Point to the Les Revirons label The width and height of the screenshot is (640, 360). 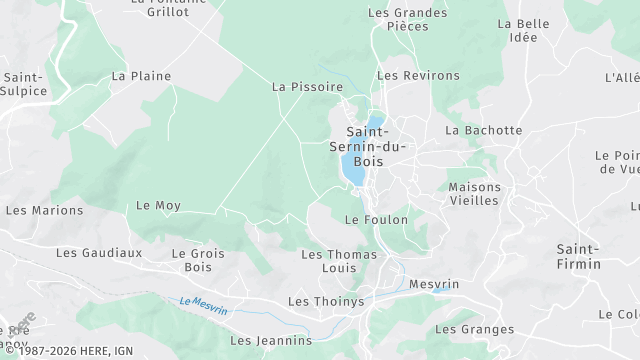pyautogui.click(x=418, y=76)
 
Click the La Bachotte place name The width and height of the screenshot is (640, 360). pyautogui.click(x=484, y=130)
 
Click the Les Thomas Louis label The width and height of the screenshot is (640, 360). pyautogui.click(x=340, y=262)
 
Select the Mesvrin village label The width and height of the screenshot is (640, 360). pyautogui.click(x=434, y=284)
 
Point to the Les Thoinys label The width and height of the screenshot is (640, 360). pyautogui.click(x=326, y=301)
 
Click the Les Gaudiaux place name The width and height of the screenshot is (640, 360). pyautogui.click(x=99, y=253)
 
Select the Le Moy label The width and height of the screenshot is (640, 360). pyautogui.click(x=157, y=205)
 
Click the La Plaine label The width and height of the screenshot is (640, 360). pyautogui.click(x=141, y=76)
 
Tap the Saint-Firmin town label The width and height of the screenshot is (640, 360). pyautogui.click(x=579, y=256)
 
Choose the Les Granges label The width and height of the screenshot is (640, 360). pyautogui.click(x=475, y=329)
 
